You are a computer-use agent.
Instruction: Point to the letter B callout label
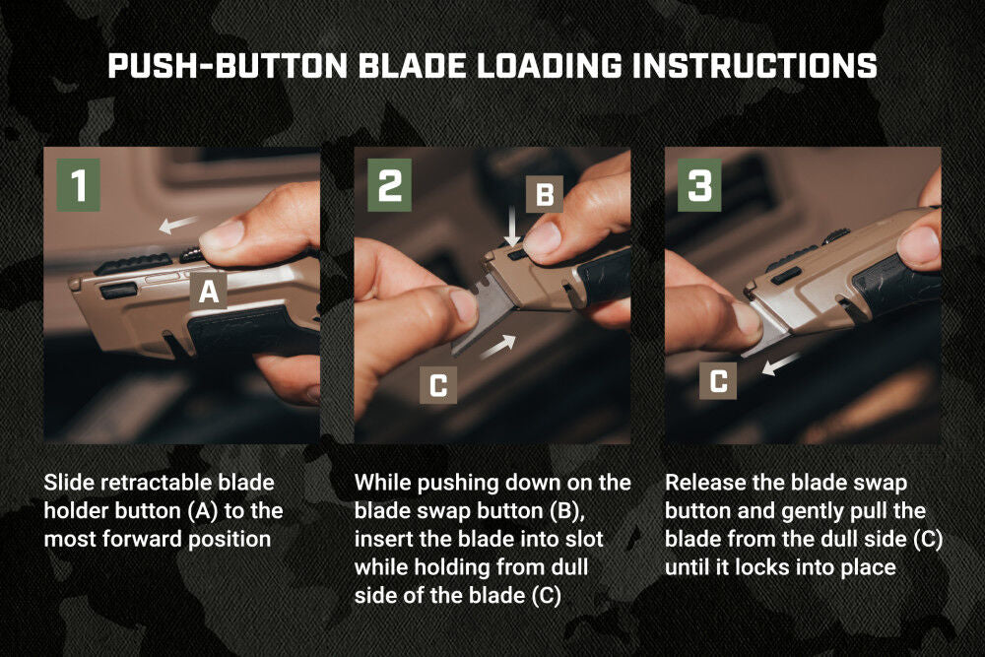[544, 194]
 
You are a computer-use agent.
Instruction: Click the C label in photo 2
[438, 386]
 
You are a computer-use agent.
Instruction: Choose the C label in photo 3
[719, 381]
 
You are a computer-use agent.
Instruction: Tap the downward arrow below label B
[512, 233]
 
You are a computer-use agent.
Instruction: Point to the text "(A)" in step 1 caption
[209, 510]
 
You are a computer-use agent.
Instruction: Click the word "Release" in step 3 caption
[700, 483]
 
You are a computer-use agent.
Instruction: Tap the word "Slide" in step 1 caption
[65, 483]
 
